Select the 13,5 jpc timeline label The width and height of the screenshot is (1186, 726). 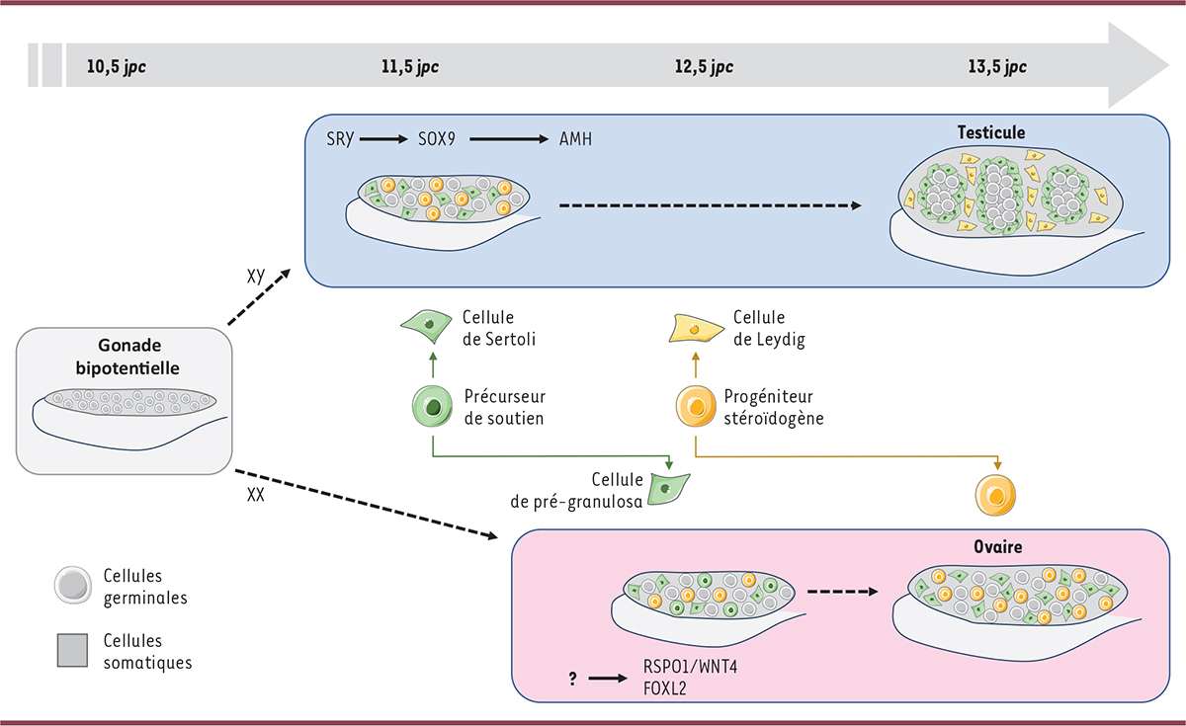point(1001,68)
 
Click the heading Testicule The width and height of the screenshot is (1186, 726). point(991,131)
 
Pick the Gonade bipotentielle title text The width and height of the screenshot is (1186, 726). point(124,359)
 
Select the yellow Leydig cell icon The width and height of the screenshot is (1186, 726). point(695,327)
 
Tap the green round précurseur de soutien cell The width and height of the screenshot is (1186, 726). point(431,406)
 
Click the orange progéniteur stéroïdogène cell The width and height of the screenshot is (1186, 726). point(695,407)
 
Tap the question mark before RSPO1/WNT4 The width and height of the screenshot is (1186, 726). point(573,679)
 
